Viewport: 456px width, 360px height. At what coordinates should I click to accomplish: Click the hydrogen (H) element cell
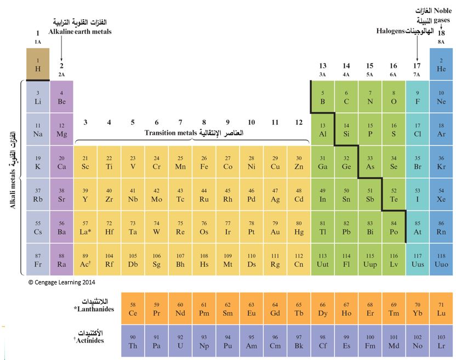coord(38,64)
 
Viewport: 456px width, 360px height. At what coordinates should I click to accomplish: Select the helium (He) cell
coord(441,64)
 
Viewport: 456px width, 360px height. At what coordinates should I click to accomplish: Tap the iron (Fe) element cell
coord(204,162)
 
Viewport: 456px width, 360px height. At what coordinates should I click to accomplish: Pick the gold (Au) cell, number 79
coord(275,227)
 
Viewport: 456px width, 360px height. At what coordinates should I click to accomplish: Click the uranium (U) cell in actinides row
coord(180,341)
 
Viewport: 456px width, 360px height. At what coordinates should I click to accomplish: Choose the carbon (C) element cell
coord(346,97)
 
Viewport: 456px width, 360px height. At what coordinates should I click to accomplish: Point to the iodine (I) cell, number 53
coord(418,195)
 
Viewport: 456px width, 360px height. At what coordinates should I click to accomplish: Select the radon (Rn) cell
coord(441,227)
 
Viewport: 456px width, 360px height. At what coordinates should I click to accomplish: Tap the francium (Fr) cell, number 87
coord(38,260)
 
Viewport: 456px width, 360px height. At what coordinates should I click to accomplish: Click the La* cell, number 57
coord(86,227)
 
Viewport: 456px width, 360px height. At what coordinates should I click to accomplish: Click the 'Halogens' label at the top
coord(391,31)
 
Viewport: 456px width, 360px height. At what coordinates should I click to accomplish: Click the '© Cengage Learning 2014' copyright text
coord(62,282)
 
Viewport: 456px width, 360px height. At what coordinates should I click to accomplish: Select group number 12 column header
coord(299,122)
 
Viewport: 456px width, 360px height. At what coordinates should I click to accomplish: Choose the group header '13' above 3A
coord(323,66)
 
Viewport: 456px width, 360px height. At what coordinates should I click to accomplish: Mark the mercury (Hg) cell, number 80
coord(299,227)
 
